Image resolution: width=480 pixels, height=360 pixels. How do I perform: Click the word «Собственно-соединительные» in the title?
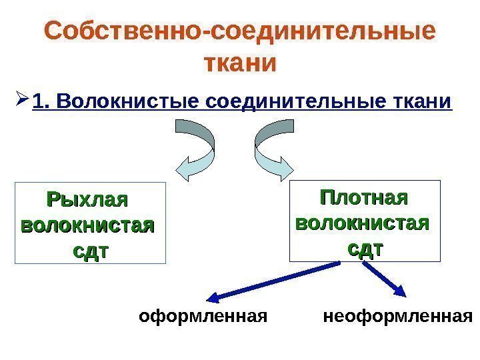click(239, 32)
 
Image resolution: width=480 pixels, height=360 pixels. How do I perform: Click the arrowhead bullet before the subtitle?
click(20, 101)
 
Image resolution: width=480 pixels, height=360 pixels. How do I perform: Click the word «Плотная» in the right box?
click(364, 198)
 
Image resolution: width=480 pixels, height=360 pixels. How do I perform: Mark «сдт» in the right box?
click(365, 248)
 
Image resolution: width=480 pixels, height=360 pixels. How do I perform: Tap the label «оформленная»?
click(203, 315)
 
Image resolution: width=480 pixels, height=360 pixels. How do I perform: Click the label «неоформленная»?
click(397, 315)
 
